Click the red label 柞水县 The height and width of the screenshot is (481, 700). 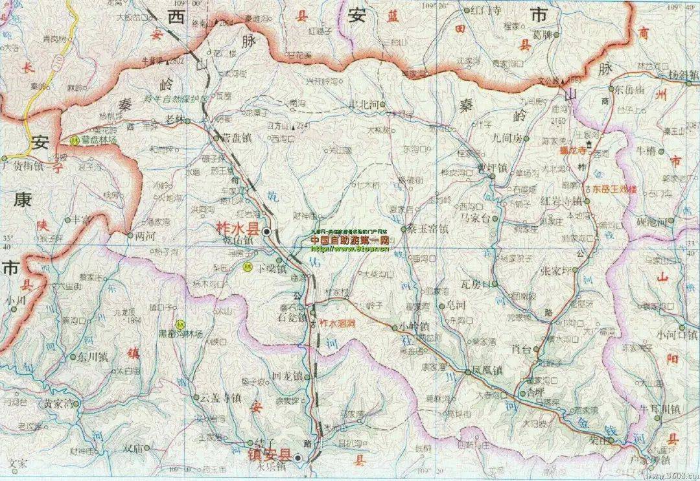237,230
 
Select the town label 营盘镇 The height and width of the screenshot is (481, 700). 237,137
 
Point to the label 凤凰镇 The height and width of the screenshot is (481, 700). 488,372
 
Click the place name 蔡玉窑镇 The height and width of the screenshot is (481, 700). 428,229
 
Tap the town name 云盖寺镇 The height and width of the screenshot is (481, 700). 222,397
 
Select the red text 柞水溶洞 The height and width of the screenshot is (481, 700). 335,322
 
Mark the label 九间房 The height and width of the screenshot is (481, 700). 506,138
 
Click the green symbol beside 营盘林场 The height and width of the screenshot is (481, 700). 73,140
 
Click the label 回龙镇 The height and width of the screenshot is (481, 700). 286,377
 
